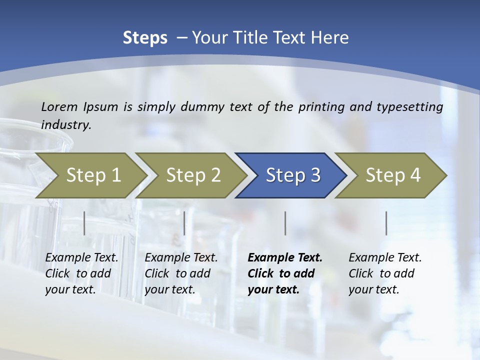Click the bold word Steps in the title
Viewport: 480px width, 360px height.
pos(145,38)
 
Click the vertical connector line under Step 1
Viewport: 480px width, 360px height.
pos(84,223)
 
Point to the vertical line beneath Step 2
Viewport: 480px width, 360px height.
pos(184,223)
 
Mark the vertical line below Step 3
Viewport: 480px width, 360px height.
pos(285,223)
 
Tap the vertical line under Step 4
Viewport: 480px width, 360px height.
pos(386,223)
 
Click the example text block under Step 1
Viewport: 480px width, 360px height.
pos(81,273)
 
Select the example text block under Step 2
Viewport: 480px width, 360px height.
pos(181,273)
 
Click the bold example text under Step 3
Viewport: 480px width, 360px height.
pos(285,273)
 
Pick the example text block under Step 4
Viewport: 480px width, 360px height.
pos(385,273)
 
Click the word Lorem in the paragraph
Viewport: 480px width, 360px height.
pos(59,106)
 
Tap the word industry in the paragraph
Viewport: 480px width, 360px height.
pos(66,125)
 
